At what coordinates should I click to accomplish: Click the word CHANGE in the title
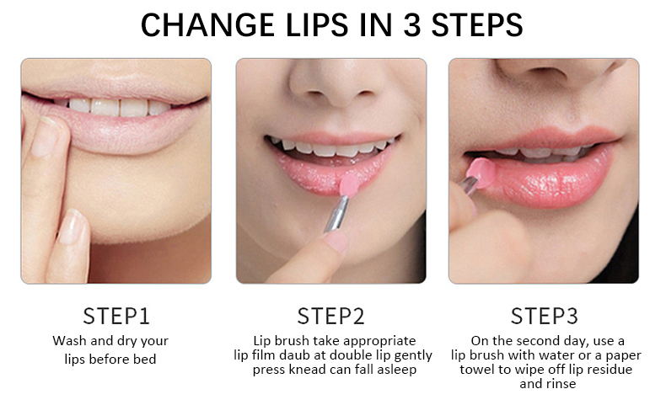click(207, 25)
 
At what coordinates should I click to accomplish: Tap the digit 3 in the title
click(411, 25)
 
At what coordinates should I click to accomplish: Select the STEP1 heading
click(116, 316)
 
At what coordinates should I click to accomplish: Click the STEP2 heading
click(330, 316)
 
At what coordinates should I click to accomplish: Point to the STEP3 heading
click(544, 316)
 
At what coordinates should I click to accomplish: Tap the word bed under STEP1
click(145, 359)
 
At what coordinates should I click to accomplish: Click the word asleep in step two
click(397, 370)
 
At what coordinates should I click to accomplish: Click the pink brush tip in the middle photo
click(350, 185)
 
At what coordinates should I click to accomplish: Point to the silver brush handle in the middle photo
click(337, 214)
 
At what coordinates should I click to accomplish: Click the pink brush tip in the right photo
click(481, 172)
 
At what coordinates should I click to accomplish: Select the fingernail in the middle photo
click(336, 242)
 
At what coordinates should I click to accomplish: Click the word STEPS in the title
click(477, 25)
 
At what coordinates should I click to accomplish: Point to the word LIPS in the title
click(317, 25)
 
